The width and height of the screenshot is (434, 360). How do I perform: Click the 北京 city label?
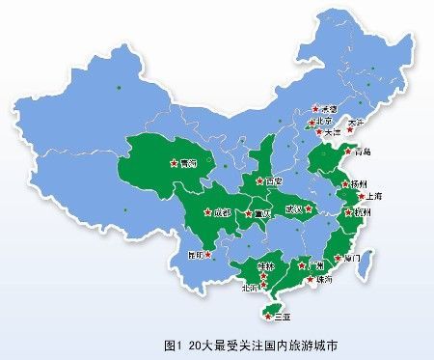(326, 123)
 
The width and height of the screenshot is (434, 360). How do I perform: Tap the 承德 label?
(327, 109)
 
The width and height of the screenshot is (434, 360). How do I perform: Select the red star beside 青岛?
(349, 152)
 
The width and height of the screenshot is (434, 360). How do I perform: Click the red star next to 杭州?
(347, 208)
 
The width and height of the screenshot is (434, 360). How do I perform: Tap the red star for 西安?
(258, 181)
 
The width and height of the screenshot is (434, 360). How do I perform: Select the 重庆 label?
(260, 212)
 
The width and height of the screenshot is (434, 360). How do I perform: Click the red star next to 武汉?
(311, 207)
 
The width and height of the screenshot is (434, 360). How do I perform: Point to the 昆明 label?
(198, 256)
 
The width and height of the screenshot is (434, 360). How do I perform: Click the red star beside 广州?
(302, 263)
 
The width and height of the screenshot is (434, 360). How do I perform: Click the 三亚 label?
(283, 316)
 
